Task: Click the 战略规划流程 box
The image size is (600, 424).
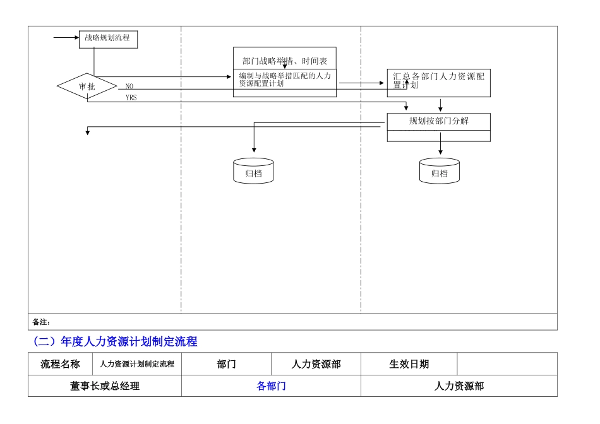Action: tap(107, 38)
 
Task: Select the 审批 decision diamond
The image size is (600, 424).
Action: tap(87, 86)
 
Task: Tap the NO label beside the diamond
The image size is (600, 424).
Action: tap(129, 86)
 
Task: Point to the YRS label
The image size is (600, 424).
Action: tap(131, 98)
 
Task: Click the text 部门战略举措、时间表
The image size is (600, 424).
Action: tap(284, 61)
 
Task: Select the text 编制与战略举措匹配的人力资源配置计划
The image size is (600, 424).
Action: tap(284, 79)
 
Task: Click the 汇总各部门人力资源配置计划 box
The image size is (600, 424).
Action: tap(438, 83)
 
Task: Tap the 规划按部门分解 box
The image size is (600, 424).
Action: tap(438, 122)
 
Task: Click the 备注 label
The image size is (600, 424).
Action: tap(41, 322)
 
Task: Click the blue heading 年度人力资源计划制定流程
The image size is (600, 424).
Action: tap(115, 342)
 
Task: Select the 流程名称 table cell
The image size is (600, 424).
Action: tap(61, 364)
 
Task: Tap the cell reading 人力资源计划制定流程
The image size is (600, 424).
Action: tap(137, 364)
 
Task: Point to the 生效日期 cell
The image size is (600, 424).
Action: tap(409, 364)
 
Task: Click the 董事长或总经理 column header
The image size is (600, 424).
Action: tap(105, 386)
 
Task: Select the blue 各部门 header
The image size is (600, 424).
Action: tap(271, 386)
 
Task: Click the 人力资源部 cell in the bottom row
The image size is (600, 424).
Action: tap(459, 386)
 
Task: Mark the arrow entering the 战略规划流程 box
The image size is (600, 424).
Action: tap(66, 38)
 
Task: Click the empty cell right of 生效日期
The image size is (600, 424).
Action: tap(507, 364)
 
